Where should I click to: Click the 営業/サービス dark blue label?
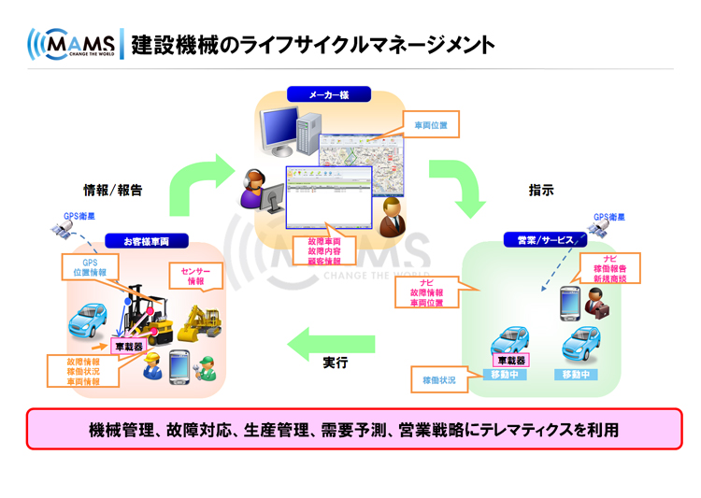point(546,240)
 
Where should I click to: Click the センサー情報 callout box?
point(195,276)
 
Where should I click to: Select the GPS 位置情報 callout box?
point(90,268)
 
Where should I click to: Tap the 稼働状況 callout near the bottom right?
point(439,380)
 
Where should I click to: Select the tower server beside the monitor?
point(308,131)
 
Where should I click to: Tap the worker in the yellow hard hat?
point(150,366)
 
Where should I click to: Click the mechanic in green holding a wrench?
point(207,366)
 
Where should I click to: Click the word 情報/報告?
point(113,190)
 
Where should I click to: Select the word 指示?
point(541,190)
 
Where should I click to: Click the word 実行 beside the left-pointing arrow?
point(336,362)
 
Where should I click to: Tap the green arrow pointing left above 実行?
point(331,343)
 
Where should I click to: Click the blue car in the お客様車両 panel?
point(91,320)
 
